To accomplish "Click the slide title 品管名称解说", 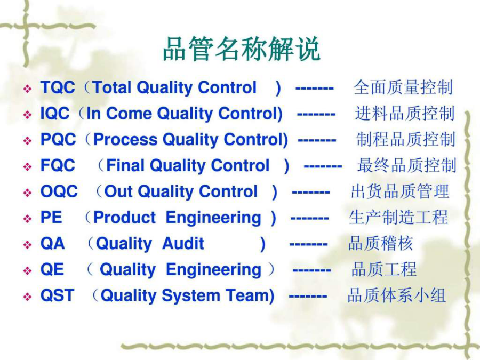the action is [242, 49].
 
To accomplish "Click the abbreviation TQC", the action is [58, 87].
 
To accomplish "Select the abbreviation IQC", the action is [55, 113].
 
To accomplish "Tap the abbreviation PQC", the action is [58, 139].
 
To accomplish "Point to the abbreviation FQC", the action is [58, 165].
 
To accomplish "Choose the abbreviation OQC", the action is [59, 191].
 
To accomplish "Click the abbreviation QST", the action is [57, 295].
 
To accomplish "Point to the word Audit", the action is [183, 243].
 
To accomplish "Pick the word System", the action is [191, 296].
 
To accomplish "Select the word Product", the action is [124, 218].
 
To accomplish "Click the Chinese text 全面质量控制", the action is [403, 87].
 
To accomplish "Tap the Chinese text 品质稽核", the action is [380, 243].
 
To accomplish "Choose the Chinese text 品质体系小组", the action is [397, 295].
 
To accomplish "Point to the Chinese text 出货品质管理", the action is [400, 191].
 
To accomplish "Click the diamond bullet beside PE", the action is [28, 219].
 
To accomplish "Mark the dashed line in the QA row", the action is [309, 245].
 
